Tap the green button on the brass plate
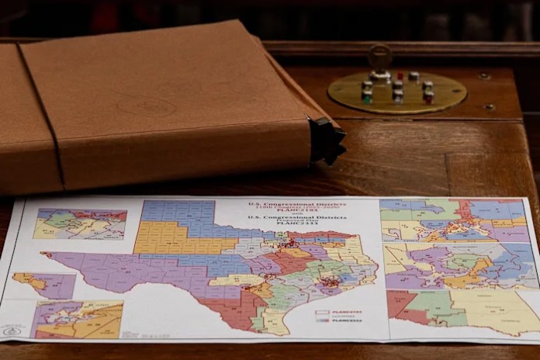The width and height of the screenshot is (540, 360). point(366,98)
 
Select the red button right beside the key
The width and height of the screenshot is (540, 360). point(400,76)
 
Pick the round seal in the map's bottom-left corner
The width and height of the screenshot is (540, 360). point(13,331)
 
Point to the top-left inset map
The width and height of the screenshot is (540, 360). point(80,223)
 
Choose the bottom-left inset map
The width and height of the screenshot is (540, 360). point(78,320)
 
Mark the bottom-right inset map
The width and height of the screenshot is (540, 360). point(462,311)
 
